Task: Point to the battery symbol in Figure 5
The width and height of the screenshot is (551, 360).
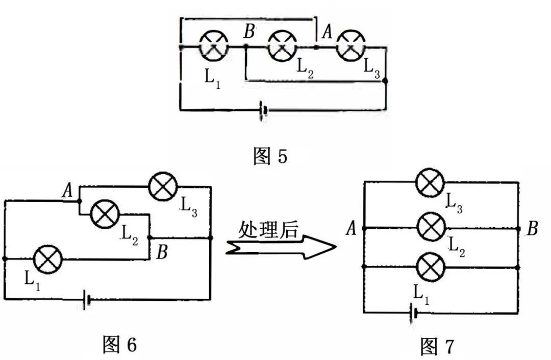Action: click(x=263, y=110)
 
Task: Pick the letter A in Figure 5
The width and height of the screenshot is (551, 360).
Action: click(x=327, y=33)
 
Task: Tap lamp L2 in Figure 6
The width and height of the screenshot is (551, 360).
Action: click(x=105, y=214)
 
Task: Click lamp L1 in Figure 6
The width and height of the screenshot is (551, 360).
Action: click(x=48, y=259)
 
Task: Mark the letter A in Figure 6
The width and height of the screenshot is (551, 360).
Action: click(x=67, y=191)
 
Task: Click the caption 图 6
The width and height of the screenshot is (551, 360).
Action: click(x=119, y=345)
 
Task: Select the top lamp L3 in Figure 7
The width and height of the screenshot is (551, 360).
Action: click(x=431, y=183)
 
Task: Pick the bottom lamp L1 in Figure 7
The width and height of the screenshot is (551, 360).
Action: click(x=432, y=267)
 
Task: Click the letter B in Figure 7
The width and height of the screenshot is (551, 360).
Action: click(x=532, y=229)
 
